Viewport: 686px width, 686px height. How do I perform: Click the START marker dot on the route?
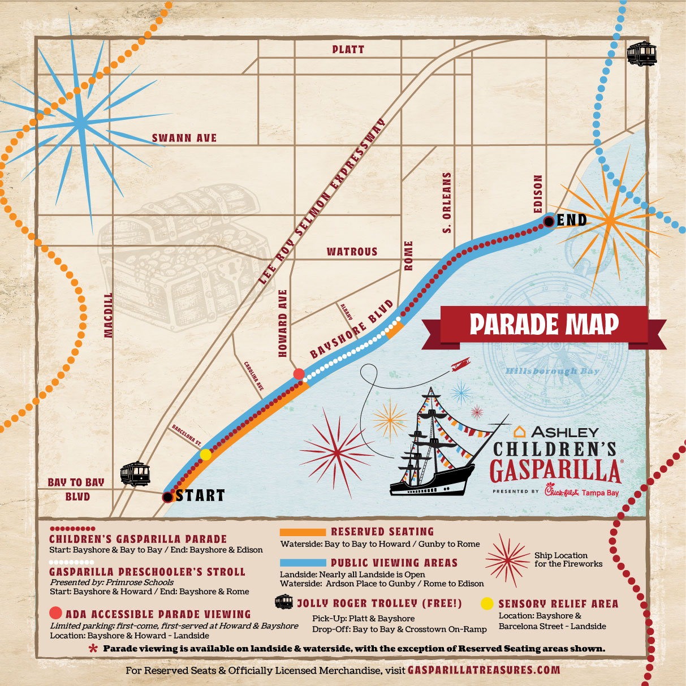coord(167,497)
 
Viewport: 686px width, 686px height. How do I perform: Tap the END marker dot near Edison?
coord(549,221)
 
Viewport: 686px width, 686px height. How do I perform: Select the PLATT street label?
coord(348,50)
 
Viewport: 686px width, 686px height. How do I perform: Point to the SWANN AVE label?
coord(184,138)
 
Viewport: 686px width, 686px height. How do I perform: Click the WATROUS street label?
coord(352,252)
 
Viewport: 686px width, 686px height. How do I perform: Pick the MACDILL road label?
coord(109,315)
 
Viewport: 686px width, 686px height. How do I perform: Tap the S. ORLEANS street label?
coord(447,203)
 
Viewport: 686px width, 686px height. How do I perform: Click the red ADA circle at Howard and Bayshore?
coord(299,373)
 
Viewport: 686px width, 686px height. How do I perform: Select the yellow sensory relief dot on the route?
coord(206,454)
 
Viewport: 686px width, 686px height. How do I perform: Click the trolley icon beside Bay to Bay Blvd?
coord(135,474)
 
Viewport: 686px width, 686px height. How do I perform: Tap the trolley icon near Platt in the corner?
coord(641,54)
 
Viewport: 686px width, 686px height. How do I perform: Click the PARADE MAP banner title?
coord(544,325)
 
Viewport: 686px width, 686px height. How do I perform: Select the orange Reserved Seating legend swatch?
coord(303,532)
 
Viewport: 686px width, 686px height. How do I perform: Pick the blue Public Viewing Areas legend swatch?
coord(303,563)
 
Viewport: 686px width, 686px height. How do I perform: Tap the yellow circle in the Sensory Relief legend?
coord(487,604)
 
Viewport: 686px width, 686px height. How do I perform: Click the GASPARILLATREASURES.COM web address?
coord(484,670)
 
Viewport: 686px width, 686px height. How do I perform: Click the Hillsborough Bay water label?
coord(544,371)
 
